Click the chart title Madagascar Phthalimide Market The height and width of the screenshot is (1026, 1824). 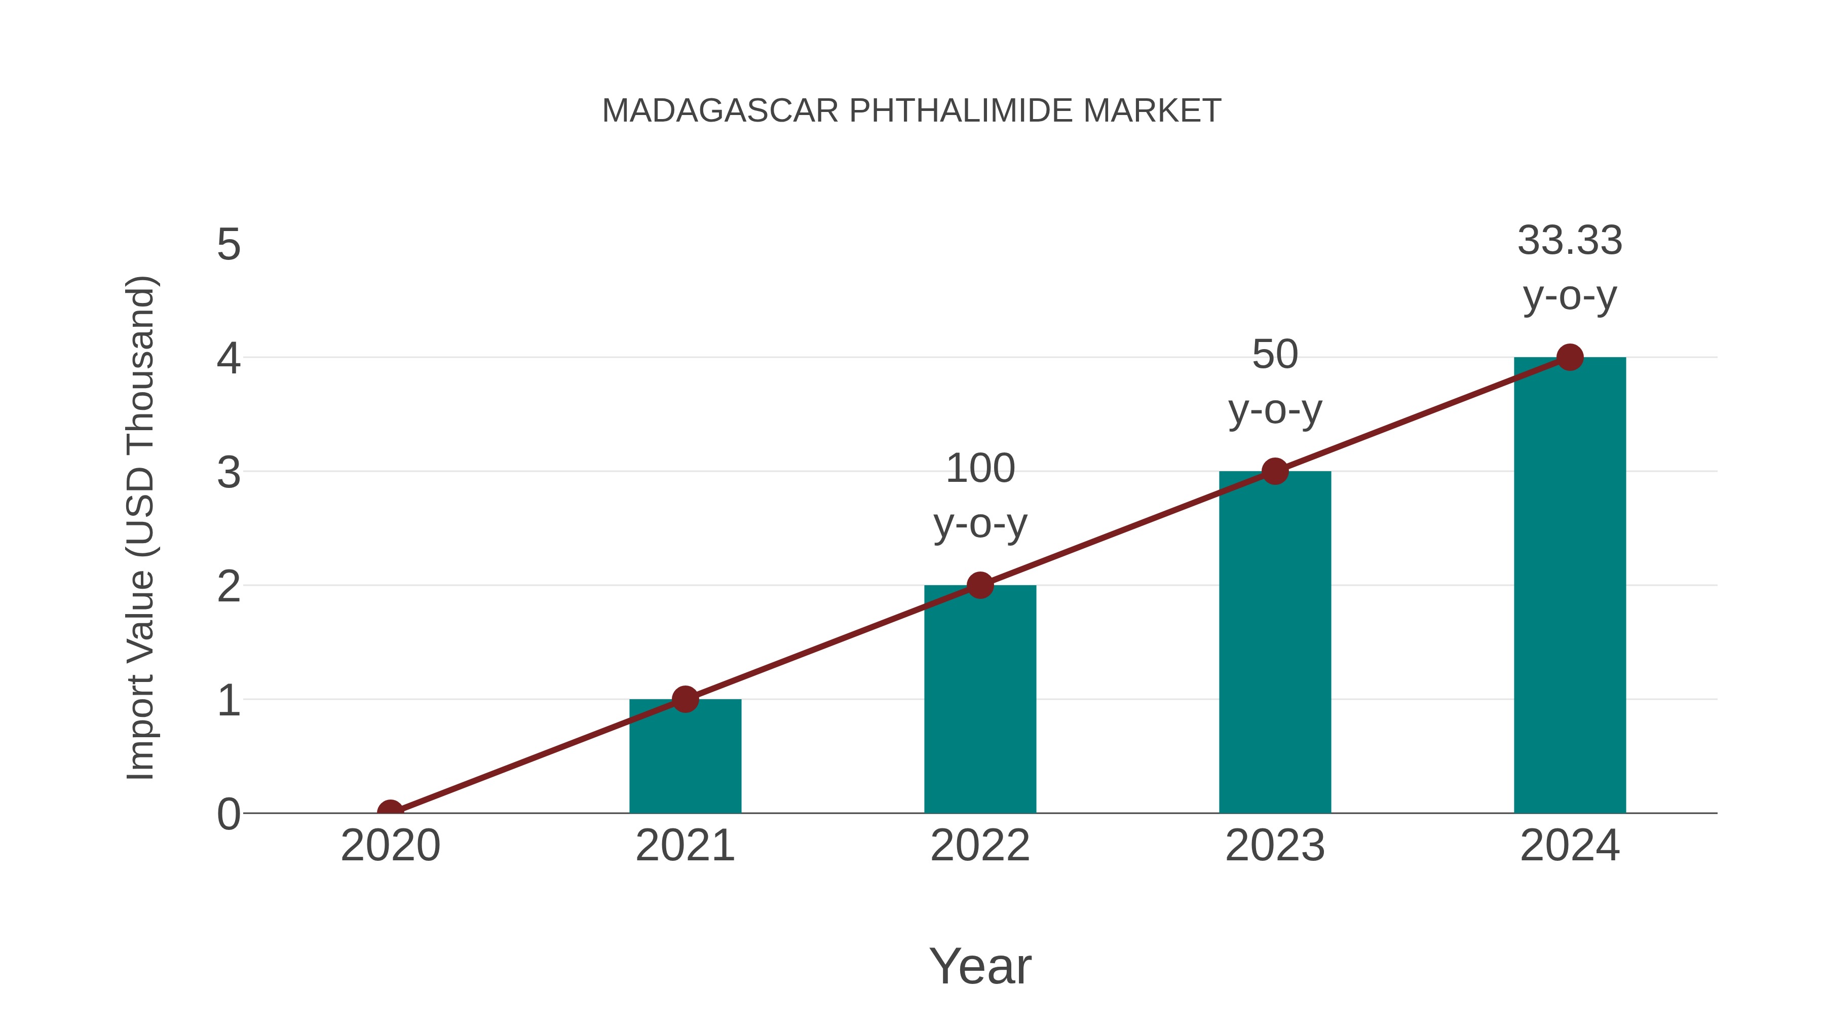[911, 111]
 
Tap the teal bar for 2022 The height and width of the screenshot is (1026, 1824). [980, 701]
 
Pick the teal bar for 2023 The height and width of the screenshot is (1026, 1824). [1275, 644]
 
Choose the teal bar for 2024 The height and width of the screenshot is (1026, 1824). [1570, 588]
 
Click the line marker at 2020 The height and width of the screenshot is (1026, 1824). [390, 812]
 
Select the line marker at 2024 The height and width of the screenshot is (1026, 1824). [1570, 358]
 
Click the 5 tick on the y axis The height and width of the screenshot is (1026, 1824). [229, 245]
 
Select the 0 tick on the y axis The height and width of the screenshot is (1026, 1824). [229, 814]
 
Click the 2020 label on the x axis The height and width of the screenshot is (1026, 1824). [390, 846]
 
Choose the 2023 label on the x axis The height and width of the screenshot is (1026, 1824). [1275, 846]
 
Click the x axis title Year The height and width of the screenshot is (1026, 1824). [980, 967]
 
